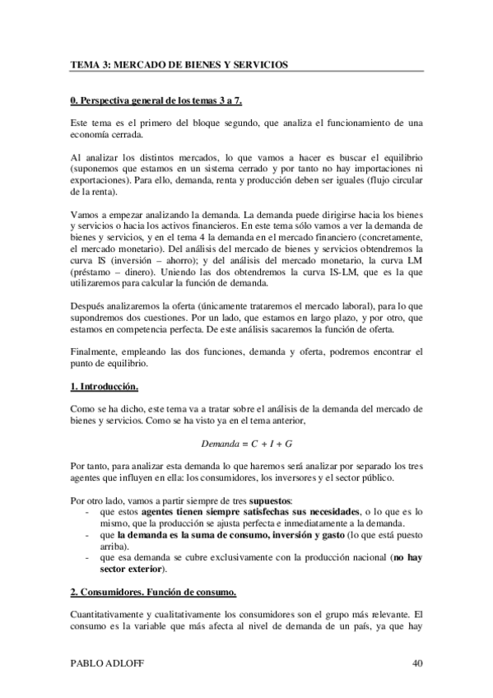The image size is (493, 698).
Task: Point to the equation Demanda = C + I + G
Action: click(247, 444)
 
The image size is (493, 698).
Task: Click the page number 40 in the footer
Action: click(416, 663)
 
